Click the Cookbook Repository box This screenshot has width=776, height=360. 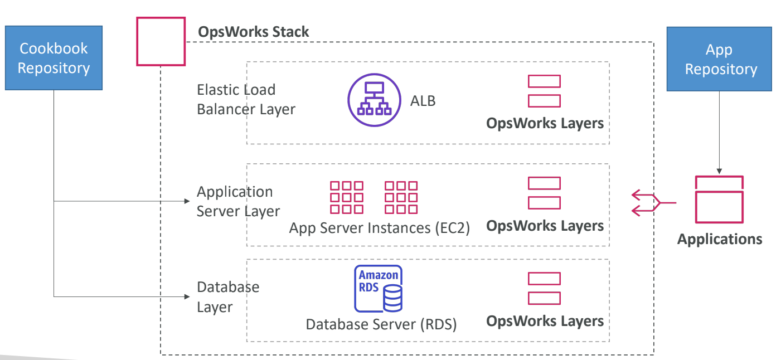pos(54,58)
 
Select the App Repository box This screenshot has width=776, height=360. pos(719,59)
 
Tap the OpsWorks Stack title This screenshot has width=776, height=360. pos(253,32)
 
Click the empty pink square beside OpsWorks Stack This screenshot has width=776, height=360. pos(161,42)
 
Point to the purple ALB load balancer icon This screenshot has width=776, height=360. pos(374,101)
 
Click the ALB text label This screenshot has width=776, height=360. pos(423,101)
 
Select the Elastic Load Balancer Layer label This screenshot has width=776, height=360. pos(245,99)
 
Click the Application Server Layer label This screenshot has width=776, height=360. pos(238,201)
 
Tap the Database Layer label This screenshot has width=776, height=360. pos(228,297)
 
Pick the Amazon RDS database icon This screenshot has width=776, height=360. pos(379,289)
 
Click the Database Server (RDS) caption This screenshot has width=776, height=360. pos(381,324)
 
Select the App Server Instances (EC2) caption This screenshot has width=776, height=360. pos(379,228)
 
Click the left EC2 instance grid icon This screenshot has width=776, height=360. pos(346,197)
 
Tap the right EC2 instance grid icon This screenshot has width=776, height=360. pos(401,197)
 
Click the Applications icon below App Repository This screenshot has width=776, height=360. pos(719,199)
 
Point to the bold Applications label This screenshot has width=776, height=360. pos(719,240)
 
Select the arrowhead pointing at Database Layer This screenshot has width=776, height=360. pos(187,296)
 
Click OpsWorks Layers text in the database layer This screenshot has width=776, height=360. pos(545,322)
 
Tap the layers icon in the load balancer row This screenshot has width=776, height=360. pos(544,91)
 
